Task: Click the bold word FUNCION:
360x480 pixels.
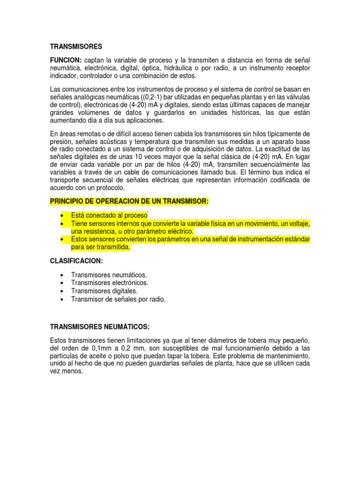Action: click(66, 60)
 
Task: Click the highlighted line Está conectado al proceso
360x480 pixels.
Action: click(109, 215)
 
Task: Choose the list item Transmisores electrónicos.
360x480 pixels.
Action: click(110, 283)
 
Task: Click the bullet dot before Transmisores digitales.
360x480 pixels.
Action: click(62, 291)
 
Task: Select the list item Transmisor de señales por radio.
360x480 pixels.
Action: click(118, 299)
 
